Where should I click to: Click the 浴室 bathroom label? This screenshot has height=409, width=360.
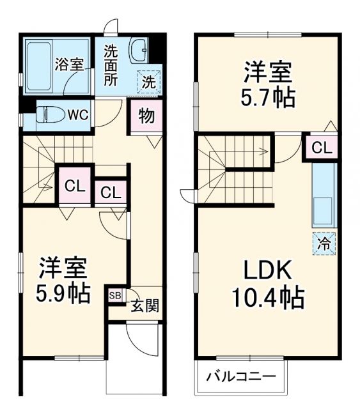[x=69, y=64]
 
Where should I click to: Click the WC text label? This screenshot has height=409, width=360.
[x=78, y=115]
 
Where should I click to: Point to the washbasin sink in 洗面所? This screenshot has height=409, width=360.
[x=138, y=50]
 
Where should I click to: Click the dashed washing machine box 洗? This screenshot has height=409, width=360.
[x=148, y=81]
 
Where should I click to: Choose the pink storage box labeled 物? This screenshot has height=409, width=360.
[x=146, y=117]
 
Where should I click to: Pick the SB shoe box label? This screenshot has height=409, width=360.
[x=114, y=295]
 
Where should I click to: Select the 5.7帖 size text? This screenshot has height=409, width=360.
[x=268, y=98]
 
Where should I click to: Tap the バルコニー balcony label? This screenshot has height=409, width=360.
[x=240, y=376]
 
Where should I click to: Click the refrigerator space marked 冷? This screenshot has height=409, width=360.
[x=324, y=243]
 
